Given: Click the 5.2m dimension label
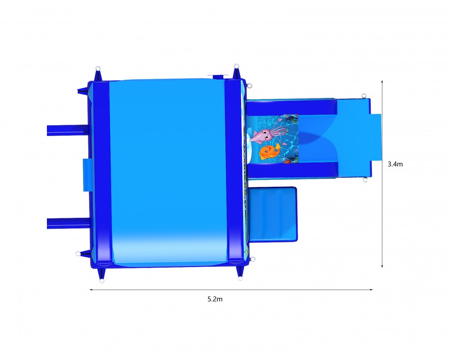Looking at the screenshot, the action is click(x=215, y=299).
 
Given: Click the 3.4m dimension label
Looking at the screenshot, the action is click(x=395, y=164).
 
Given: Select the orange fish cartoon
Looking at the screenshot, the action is click(x=270, y=152).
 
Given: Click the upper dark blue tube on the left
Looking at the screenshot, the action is click(x=68, y=130).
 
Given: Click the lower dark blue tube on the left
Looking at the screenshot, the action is click(x=68, y=224).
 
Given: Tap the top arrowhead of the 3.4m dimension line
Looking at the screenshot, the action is click(x=382, y=82).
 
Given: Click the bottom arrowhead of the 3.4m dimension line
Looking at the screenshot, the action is click(x=382, y=266).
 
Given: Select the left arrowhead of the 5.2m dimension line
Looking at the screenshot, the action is click(x=92, y=290).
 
